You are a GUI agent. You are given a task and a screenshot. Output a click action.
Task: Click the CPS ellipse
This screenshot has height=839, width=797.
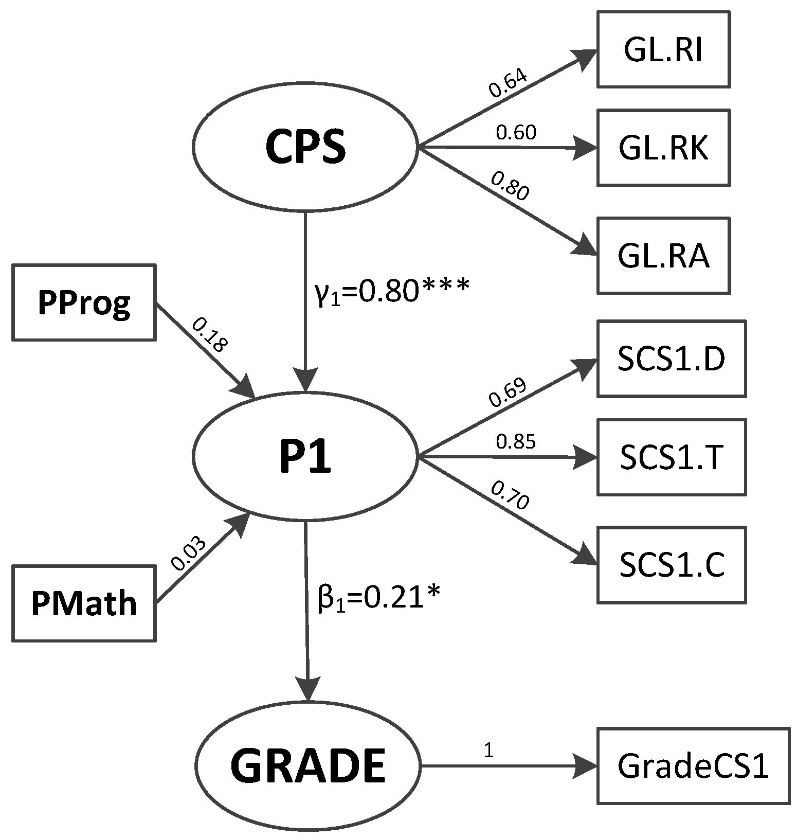305,149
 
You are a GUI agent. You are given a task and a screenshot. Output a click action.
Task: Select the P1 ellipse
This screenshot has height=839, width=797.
305,457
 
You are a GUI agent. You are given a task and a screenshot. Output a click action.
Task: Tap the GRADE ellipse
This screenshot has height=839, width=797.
307,765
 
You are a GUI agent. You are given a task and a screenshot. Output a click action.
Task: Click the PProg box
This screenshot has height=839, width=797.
84,302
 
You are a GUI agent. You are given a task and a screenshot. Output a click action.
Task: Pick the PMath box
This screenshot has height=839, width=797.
84,603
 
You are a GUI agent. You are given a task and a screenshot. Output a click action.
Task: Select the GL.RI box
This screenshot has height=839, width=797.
663,50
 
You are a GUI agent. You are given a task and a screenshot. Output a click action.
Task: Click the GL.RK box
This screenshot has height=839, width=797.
663,148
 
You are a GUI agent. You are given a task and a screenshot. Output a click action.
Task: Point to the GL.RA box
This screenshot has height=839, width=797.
663,256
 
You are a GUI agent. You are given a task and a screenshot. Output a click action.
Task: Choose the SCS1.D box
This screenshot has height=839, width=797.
671,359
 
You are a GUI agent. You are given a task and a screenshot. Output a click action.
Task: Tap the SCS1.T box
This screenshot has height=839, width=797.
671,457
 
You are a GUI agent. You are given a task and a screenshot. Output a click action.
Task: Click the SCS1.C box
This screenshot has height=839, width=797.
671,564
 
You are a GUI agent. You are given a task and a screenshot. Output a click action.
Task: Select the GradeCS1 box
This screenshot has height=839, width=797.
693,765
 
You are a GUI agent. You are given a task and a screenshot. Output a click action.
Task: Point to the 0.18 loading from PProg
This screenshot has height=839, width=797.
210,334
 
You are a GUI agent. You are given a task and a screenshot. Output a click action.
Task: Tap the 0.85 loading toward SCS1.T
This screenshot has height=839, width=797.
516,442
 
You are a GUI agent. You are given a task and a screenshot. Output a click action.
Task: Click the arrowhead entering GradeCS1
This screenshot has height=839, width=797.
586,765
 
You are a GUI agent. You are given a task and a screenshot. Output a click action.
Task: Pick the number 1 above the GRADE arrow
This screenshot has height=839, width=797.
488,751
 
